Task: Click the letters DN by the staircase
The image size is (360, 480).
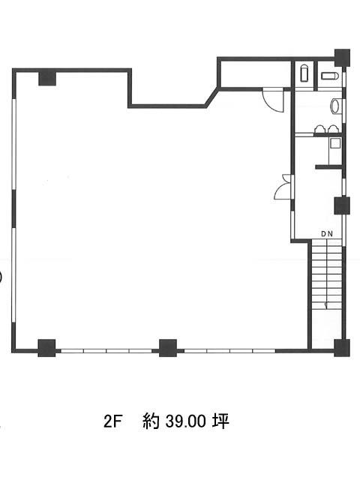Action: (x=327, y=234)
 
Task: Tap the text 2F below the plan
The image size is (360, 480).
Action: (x=112, y=421)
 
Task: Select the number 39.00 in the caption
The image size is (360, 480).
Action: (x=185, y=421)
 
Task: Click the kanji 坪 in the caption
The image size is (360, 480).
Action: (x=220, y=421)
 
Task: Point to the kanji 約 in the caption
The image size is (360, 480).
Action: (x=151, y=421)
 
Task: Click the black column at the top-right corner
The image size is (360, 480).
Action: (x=342, y=58)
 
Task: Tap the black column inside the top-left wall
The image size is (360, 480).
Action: (x=47, y=78)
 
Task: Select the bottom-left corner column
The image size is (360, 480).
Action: (x=46, y=348)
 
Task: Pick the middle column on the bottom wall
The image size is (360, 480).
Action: (x=168, y=348)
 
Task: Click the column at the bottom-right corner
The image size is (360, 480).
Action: (x=342, y=348)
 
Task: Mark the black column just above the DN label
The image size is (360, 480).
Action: (x=342, y=205)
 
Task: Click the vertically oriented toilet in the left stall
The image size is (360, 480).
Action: (x=304, y=73)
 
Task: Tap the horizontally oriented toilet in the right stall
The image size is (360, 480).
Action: (x=329, y=76)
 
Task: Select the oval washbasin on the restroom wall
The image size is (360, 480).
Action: (x=334, y=106)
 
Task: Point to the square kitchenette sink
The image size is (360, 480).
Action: (x=335, y=143)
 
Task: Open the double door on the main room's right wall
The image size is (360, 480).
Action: (x=283, y=187)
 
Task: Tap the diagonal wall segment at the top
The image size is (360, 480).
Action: (x=212, y=97)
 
